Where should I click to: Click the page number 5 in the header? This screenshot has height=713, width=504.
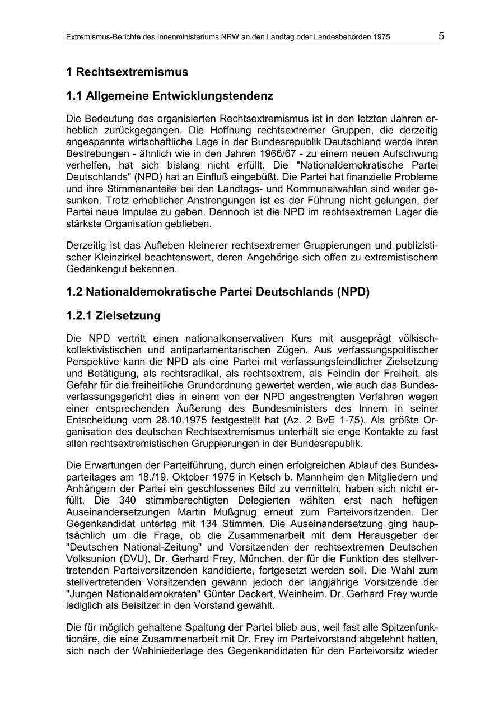[x=441, y=36]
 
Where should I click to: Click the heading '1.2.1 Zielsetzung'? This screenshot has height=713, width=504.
[x=113, y=316]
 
